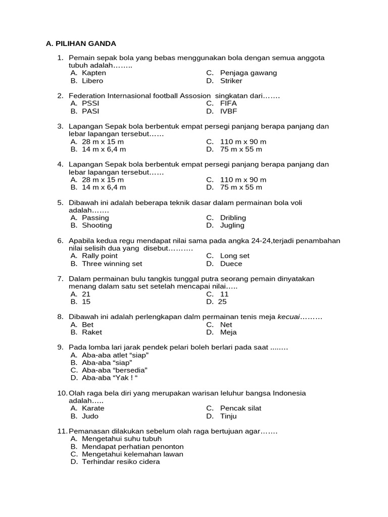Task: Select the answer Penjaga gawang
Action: coord(248,73)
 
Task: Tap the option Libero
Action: coord(92,81)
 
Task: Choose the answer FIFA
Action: coord(228,104)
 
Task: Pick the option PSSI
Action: coord(90,104)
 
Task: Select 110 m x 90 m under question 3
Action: coord(243,142)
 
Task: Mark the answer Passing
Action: coord(95,218)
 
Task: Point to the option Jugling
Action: coord(232,225)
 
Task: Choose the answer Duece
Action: coord(231,264)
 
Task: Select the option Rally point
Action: coord(100,255)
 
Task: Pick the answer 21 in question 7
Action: coord(86,294)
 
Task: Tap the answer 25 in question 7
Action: coord(222,302)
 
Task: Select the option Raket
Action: coord(91,332)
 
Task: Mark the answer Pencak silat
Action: coord(240,408)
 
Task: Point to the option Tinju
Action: coord(228,416)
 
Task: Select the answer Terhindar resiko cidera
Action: coord(121,461)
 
